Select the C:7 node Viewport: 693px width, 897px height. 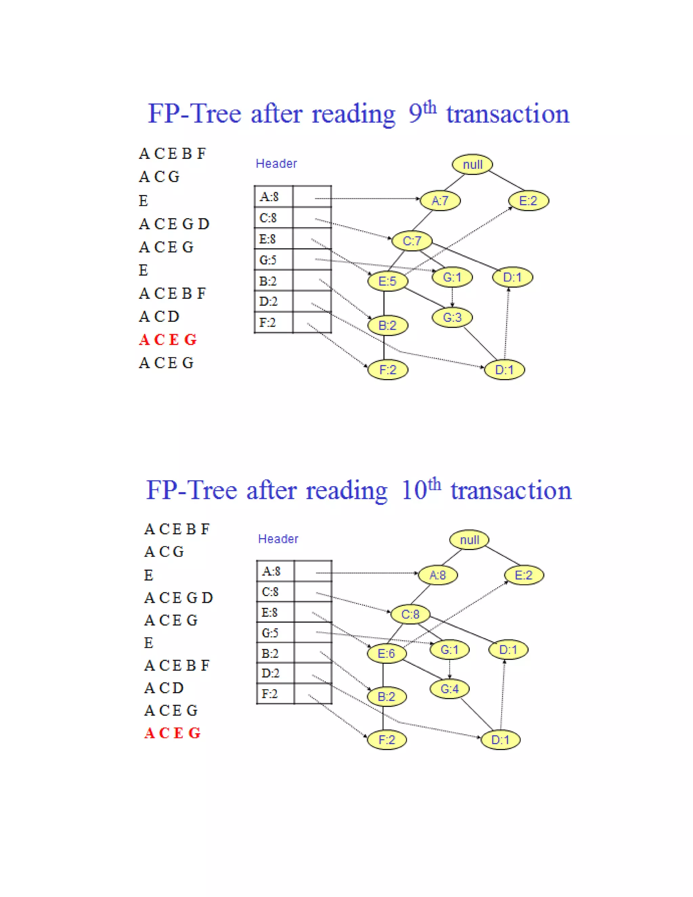point(412,241)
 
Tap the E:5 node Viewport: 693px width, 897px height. point(387,281)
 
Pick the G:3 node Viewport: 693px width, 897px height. point(452,317)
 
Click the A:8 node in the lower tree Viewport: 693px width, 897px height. point(438,575)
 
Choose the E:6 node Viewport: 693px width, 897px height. point(386,653)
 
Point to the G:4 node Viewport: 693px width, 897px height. point(450,688)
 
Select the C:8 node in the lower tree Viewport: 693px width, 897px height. point(410,614)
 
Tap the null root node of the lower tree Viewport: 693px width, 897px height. point(469,540)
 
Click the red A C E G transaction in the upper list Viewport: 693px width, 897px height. point(167,340)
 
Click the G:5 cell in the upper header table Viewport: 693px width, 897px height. point(268,260)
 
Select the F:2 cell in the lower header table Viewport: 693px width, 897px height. point(270,693)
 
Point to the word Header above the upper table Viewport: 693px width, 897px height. point(276,163)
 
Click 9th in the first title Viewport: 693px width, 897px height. point(422,112)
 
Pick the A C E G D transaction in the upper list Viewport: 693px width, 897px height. point(174,224)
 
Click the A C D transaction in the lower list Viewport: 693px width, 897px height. point(164,687)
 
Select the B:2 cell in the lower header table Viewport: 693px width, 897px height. point(270,653)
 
